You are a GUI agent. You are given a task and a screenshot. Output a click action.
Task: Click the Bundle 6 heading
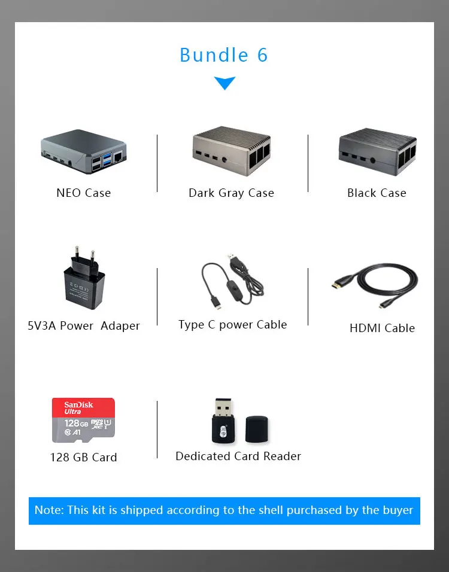tap(224, 55)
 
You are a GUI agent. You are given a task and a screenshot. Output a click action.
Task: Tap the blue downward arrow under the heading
tap(224, 83)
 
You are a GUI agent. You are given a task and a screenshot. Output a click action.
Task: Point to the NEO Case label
tap(84, 193)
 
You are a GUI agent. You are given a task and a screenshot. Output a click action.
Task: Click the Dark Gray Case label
tap(231, 193)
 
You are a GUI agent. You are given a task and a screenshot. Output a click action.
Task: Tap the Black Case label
tap(377, 193)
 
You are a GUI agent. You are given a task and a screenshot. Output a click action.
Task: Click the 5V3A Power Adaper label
tap(84, 325)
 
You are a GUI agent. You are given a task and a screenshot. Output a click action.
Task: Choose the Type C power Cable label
tap(232, 324)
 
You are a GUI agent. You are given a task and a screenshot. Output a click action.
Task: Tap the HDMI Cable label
tap(382, 328)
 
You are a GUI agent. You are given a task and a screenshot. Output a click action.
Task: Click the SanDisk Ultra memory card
tap(84, 420)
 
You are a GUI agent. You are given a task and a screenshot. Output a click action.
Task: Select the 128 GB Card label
tap(84, 457)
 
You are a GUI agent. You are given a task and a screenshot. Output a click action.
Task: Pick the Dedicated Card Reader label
tap(238, 456)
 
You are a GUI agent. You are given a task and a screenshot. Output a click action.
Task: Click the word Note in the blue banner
tap(47, 510)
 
